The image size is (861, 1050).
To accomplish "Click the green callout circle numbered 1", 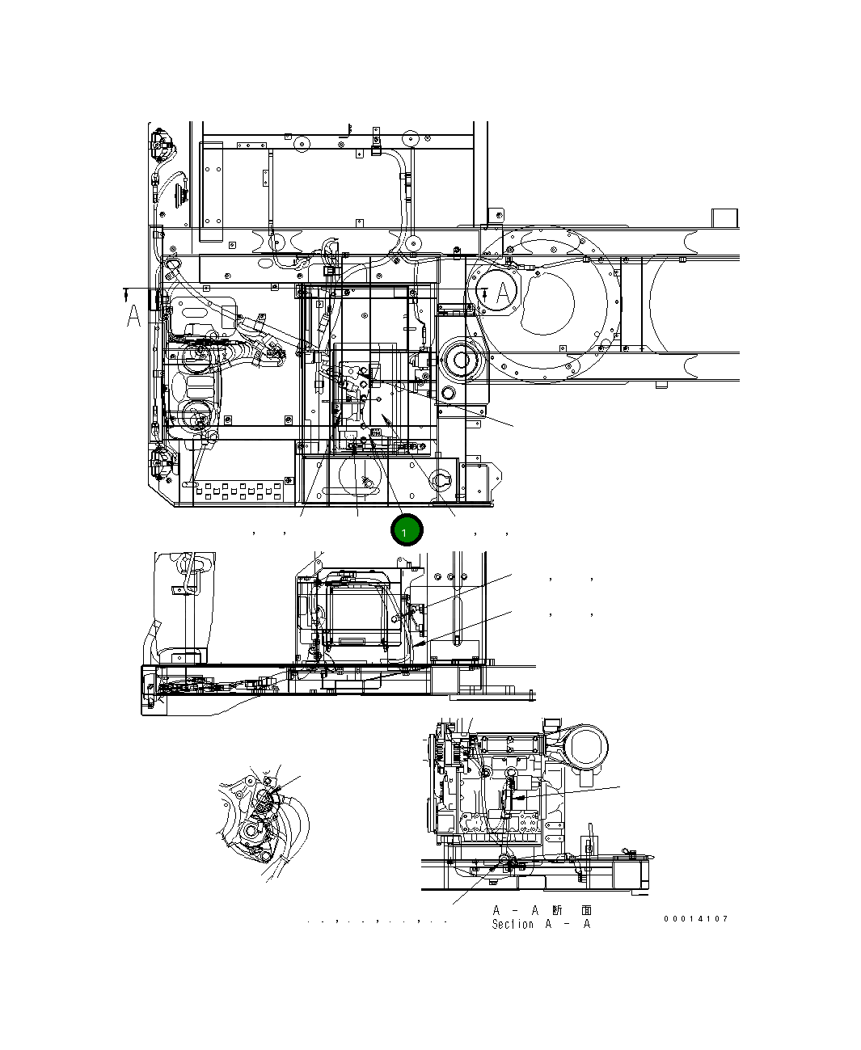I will pos(406,530).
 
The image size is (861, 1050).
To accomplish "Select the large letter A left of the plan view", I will pos(134,316).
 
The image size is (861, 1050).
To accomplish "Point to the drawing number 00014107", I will pos(696,919).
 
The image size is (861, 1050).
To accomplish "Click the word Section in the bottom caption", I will pos(513,924).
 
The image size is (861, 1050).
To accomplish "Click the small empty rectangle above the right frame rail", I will pos(724,218).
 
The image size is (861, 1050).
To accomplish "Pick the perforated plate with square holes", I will pos(242,490).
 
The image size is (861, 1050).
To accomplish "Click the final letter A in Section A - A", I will pos(587,924).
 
